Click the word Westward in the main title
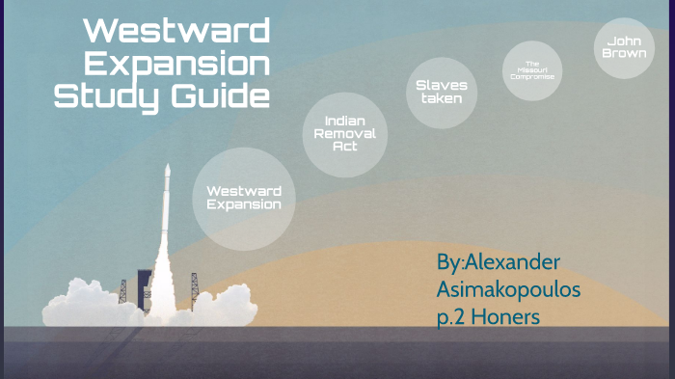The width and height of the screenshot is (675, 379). click(175, 31)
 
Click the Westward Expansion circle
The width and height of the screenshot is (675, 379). click(243, 198)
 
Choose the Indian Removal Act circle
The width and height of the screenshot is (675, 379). click(344, 135)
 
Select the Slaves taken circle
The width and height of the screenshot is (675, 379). click(442, 92)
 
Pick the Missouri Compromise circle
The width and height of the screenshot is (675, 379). click(532, 70)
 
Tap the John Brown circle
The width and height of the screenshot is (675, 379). click(624, 47)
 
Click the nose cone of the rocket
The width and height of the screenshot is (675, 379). click(167, 172)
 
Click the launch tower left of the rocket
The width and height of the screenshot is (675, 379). click(123, 288)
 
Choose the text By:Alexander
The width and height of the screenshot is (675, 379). click(498, 261)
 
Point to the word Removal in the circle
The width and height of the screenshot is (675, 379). click(344, 134)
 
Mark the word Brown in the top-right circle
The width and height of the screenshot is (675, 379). click(624, 53)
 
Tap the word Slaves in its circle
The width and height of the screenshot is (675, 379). click(442, 85)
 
